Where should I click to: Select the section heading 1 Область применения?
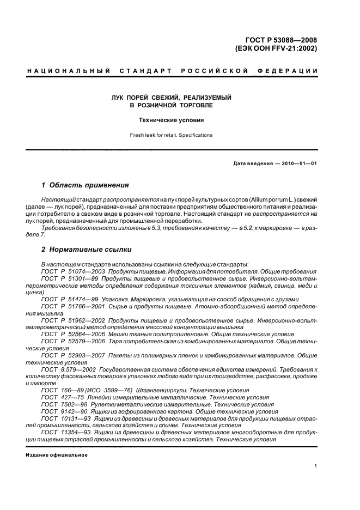(85, 185)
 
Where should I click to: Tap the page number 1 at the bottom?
(316, 465)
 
